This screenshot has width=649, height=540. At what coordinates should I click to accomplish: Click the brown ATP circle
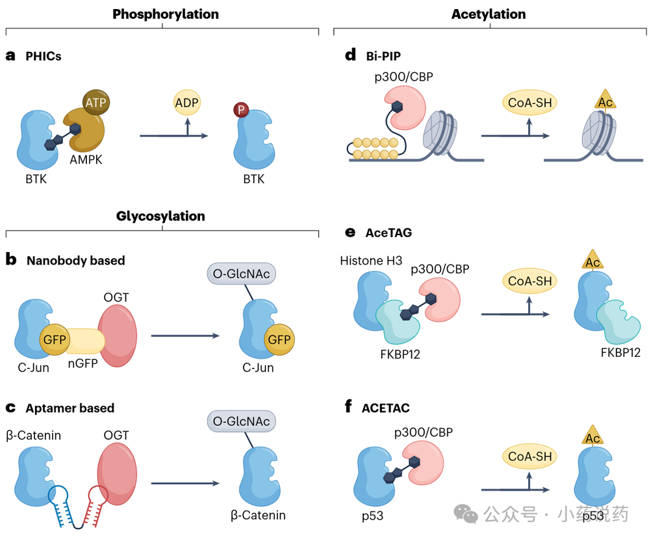(96, 102)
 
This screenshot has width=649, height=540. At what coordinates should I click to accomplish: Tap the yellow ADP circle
(187, 102)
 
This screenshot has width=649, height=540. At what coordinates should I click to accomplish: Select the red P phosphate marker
(241, 110)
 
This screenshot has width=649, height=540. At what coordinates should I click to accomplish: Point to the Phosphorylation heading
(166, 14)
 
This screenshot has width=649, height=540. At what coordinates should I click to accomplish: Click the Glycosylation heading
(160, 216)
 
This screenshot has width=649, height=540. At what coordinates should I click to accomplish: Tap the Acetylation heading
(489, 14)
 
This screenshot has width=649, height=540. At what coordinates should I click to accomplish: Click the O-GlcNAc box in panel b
(241, 274)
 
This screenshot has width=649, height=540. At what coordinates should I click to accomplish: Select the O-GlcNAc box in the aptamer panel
(241, 421)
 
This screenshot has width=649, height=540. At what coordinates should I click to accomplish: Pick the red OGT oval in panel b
(118, 336)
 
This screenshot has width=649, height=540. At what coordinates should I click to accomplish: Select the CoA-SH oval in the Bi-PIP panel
(530, 102)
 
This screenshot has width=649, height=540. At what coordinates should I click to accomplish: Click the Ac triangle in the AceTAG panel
(592, 260)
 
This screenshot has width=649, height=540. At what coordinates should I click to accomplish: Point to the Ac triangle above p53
(592, 435)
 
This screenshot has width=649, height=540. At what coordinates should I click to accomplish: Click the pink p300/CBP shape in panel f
(424, 463)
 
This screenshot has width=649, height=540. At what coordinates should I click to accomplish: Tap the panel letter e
(350, 233)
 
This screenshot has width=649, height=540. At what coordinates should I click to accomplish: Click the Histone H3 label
(371, 261)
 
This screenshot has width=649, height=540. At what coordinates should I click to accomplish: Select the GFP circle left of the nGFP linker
(54, 340)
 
